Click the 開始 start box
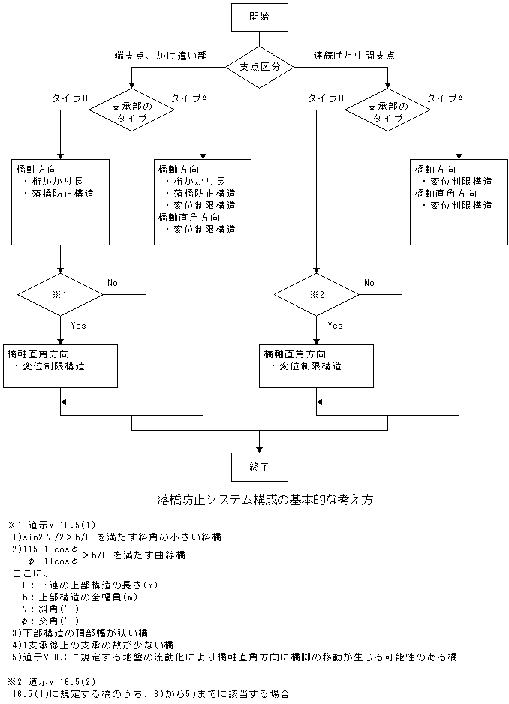[260, 16]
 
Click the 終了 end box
[259, 466]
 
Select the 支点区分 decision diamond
[260, 66]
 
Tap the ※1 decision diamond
[60, 294]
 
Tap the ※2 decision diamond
[316, 294]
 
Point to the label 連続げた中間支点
[355, 55]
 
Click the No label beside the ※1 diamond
[113, 283]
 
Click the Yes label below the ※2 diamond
[336, 326]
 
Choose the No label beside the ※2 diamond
[369, 283]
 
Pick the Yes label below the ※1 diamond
[79, 326]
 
